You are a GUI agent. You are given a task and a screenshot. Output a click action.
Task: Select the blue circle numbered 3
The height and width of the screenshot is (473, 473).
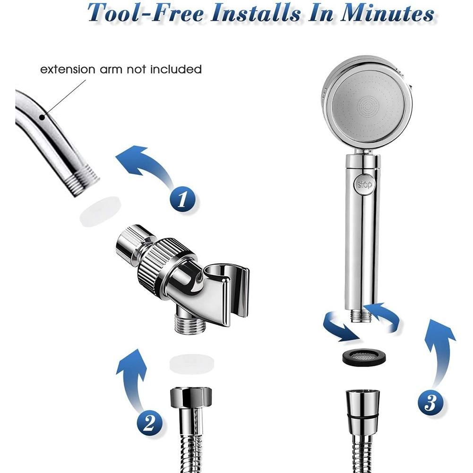click(x=431, y=402)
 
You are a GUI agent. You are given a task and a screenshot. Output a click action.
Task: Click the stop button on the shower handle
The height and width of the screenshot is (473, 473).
click(x=364, y=184)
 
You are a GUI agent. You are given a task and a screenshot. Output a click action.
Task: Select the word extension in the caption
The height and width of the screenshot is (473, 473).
click(x=68, y=69)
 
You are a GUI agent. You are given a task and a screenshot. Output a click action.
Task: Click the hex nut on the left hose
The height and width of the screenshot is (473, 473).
click(x=191, y=397)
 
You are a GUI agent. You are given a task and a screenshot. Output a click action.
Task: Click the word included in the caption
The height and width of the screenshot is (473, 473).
click(x=176, y=69)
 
